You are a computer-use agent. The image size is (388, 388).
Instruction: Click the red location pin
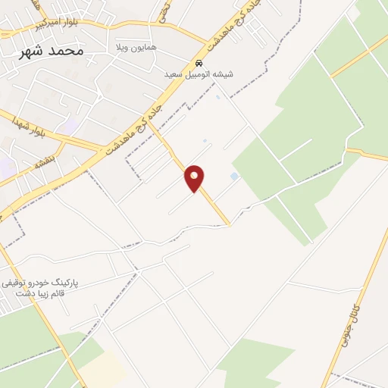coord(195,177)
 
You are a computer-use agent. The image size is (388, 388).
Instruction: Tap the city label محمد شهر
coord(52,51)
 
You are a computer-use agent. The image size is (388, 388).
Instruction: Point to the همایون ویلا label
coord(137,47)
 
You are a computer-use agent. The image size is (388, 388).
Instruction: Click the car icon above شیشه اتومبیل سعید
coord(199,63)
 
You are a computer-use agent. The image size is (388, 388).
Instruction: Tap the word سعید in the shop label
coord(175,75)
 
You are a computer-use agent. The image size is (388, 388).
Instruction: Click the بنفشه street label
coord(44,162)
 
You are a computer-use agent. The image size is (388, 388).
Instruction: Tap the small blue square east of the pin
coord(233,177)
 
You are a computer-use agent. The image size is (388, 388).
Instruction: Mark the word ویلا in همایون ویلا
coord(125,47)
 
